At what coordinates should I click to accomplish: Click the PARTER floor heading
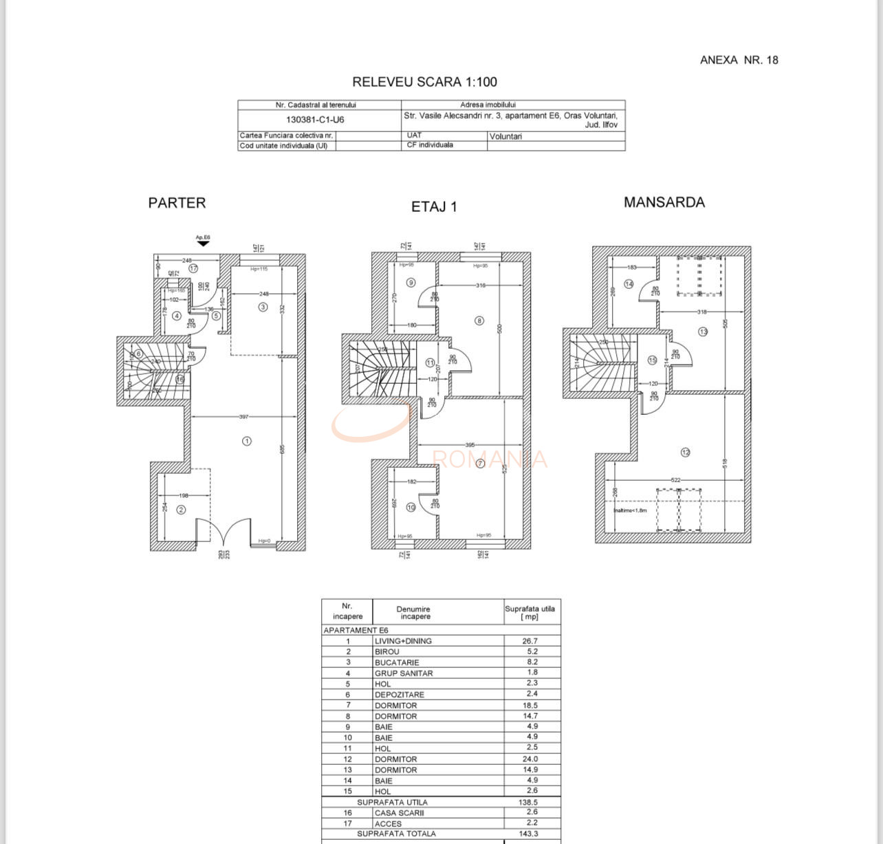click(177, 203)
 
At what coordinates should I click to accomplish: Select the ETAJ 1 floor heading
click(434, 206)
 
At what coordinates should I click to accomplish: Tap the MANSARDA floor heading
click(664, 202)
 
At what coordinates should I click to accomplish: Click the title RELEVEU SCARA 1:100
click(424, 82)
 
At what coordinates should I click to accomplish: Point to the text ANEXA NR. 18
click(739, 60)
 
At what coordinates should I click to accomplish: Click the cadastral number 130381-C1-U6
click(315, 120)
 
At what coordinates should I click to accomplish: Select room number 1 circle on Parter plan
click(247, 441)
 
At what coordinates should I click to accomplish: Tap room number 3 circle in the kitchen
click(263, 307)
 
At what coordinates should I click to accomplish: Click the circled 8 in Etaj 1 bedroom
click(479, 321)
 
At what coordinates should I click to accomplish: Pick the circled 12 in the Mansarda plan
click(685, 453)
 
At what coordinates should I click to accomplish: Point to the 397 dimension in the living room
click(243, 417)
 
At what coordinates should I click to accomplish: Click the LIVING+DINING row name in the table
click(403, 641)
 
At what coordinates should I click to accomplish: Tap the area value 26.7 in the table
click(530, 640)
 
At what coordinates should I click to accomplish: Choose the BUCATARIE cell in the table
click(397, 662)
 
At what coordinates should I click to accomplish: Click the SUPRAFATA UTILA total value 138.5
click(530, 802)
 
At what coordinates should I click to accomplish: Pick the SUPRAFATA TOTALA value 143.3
click(530, 834)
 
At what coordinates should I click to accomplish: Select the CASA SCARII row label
click(399, 813)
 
